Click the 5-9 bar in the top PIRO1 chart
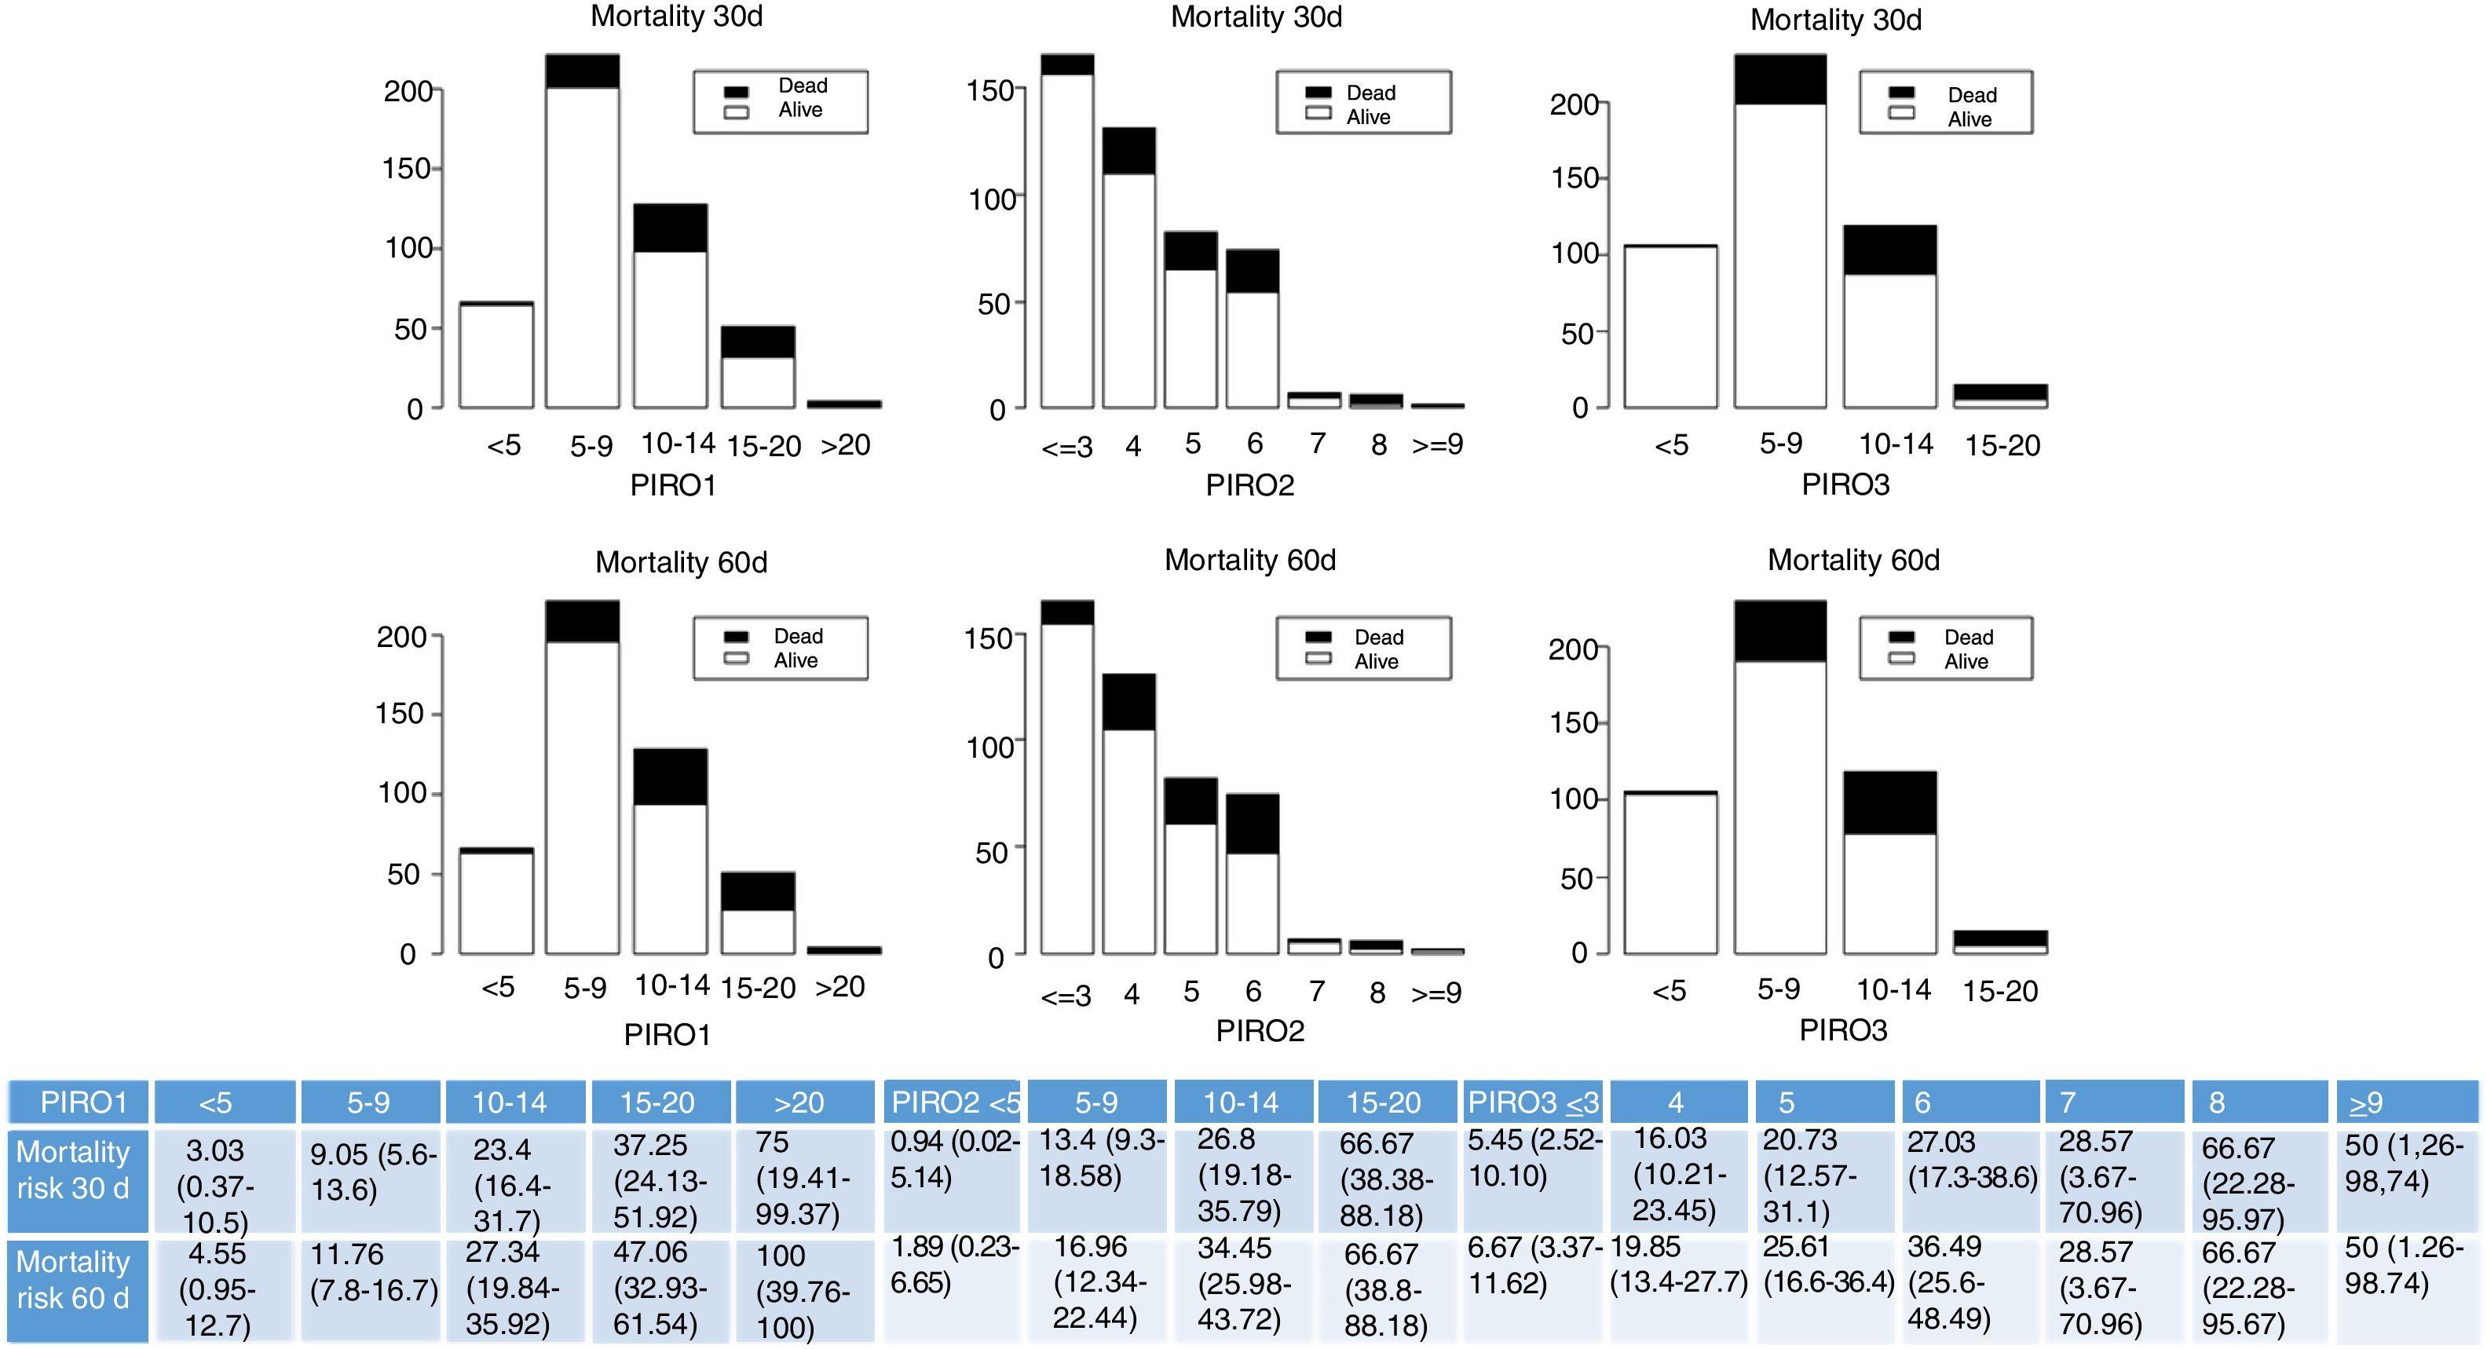point(582,232)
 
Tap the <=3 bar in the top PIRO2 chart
point(1067,232)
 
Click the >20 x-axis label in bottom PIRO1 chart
point(840,987)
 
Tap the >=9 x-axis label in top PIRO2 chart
point(1438,444)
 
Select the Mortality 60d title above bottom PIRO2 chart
point(1249,560)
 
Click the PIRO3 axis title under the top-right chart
point(1845,484)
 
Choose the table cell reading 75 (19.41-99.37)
point(803,1178)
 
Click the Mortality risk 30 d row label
point(75,1170)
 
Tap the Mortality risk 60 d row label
point(75,1281)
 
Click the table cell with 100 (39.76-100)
point(803,1291)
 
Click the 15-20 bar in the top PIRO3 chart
point(1999,396)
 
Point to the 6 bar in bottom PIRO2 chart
point(1253,874)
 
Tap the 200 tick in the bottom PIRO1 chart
point(401,638)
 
